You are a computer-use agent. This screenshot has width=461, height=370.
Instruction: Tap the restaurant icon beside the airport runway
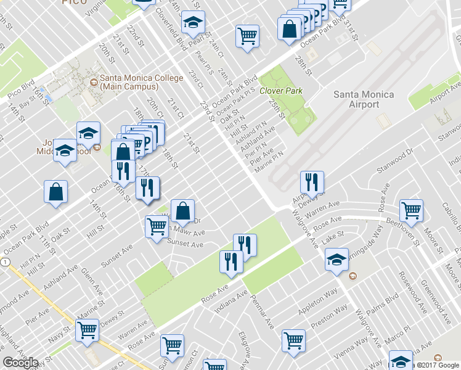point(312,182)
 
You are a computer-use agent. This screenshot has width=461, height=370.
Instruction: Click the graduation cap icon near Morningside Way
point(337,260)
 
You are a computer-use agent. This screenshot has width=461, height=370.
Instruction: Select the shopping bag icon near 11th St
point(56,191)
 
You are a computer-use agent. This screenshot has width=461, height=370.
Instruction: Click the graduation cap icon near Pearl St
point(194,23)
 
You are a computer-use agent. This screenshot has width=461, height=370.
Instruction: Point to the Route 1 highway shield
point(5,262)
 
